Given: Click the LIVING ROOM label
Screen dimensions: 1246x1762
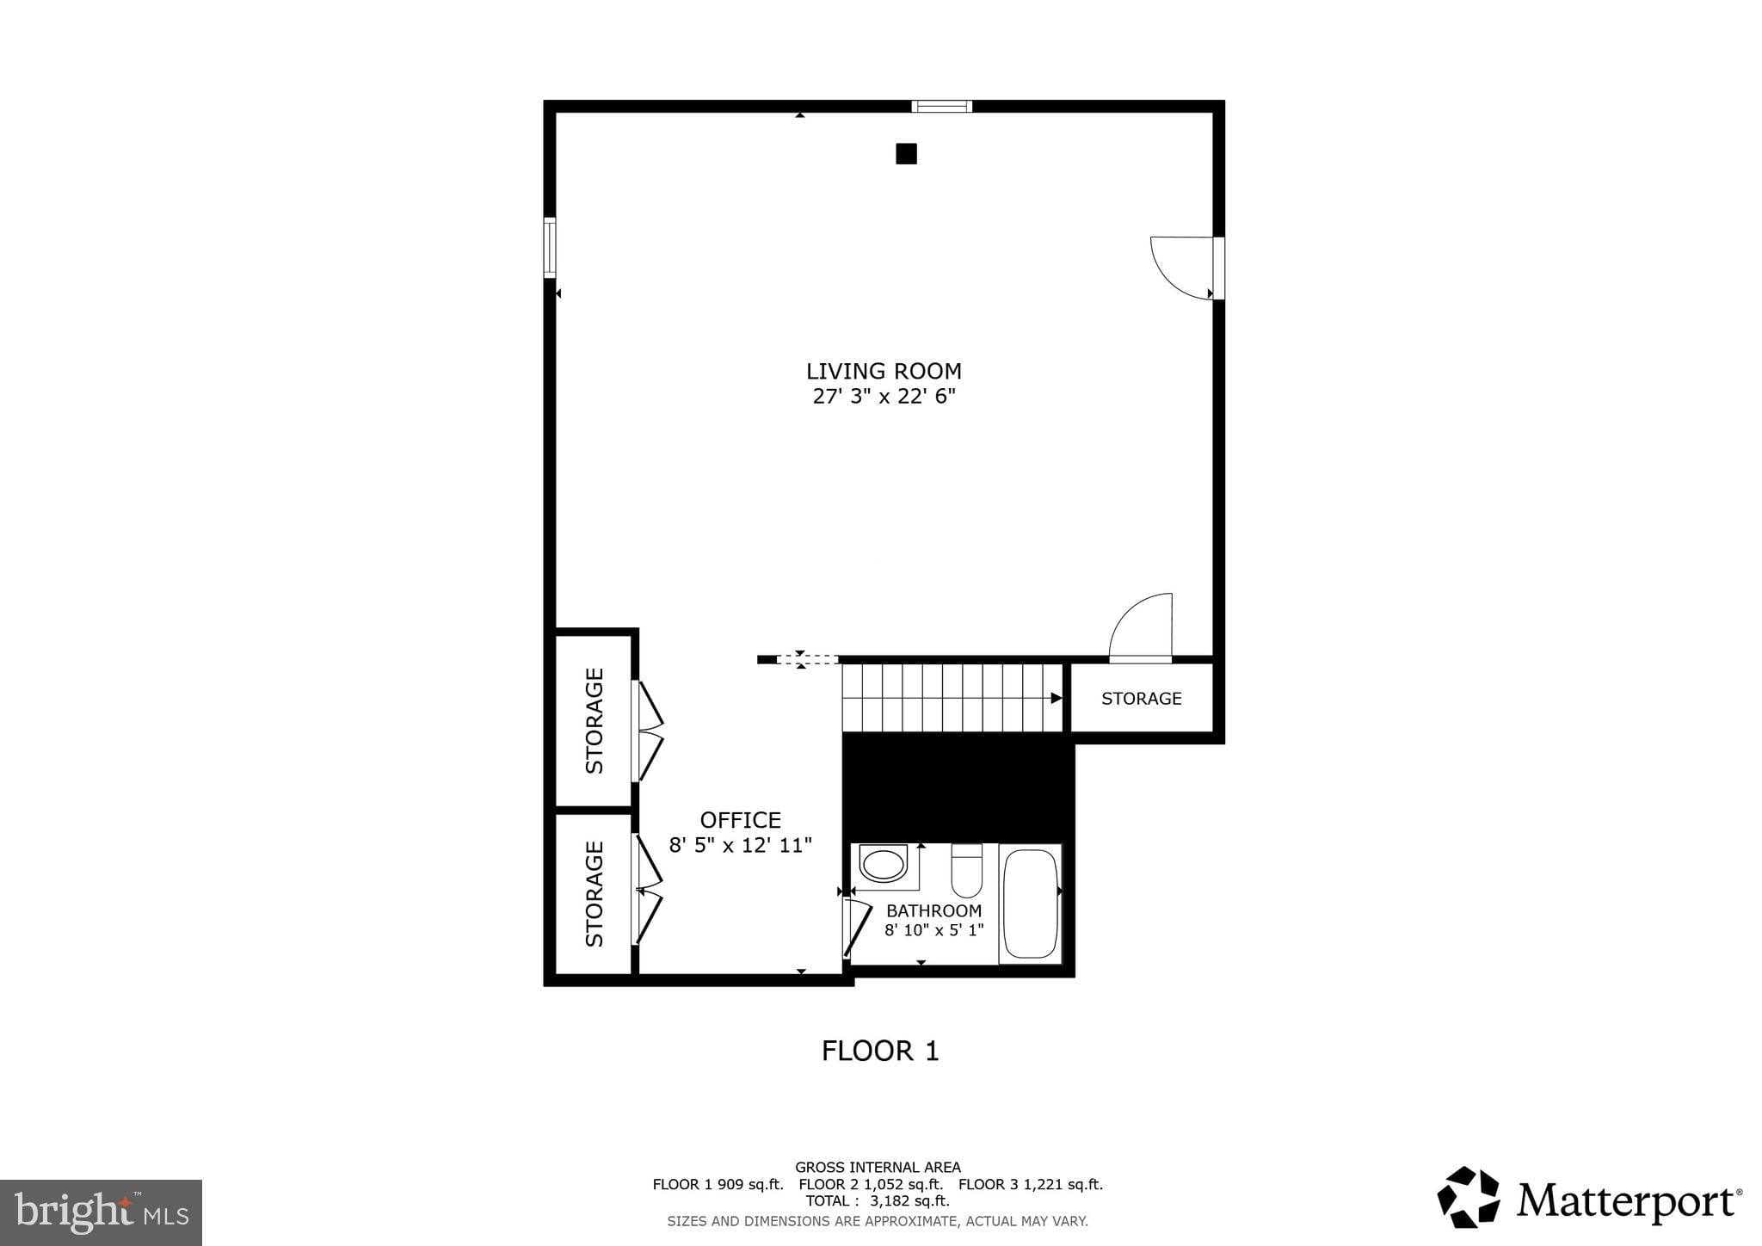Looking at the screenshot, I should point(884,371).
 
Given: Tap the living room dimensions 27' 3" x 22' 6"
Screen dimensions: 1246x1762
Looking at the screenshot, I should point(884,397).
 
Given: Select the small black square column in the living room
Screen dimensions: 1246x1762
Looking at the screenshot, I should point(906,154).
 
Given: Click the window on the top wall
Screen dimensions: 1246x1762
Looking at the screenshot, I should point(942,107).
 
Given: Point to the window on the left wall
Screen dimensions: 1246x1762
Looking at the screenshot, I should point(550,248).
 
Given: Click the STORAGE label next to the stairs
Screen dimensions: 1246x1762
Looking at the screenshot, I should point(1141,699).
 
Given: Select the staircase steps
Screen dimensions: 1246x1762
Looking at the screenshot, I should point(951,698).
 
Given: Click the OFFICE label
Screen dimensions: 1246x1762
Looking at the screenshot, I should point(740,820).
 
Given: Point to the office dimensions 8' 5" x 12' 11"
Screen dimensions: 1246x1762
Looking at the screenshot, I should point(740,845).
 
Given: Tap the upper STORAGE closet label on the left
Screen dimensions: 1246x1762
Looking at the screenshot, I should point(595,721).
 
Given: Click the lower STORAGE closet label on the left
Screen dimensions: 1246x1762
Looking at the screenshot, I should point(595,894).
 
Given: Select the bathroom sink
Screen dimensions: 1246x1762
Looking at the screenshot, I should point(884,864).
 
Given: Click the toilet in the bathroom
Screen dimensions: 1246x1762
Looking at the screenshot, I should point(967,871).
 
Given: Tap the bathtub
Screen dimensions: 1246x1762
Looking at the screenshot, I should point(1031,904).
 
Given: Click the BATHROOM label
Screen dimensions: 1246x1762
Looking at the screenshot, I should point(933,910).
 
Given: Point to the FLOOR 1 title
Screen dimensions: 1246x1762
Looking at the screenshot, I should point(880,1051).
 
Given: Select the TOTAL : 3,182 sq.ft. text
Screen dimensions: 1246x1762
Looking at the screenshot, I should point(878,1200).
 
